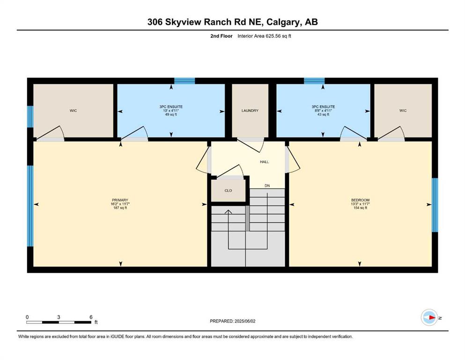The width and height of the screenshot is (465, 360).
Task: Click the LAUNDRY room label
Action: [250, 111]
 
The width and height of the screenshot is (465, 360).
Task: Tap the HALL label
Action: [264, 162]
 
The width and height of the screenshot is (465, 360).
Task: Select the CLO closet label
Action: [228, 190]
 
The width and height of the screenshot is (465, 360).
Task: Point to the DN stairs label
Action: [267, 186]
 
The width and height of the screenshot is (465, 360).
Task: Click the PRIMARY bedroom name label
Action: [120, 200]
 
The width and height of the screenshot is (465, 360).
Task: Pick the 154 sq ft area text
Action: [360, 208]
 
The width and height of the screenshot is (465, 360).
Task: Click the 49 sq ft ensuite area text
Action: [171, 114]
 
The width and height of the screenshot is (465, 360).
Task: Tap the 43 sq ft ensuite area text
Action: [323, 114]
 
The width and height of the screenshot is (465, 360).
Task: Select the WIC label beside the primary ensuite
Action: [73, 111]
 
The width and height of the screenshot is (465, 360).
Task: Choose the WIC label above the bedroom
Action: [403, 111]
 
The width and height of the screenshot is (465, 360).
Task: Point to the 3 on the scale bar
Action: [59, 317]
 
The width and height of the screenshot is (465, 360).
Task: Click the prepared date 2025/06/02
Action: [244, 321]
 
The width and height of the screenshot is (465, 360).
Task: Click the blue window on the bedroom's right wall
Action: [435, 205]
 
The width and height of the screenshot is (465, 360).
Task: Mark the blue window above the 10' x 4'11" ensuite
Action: [185, 81]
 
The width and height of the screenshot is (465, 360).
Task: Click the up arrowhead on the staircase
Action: [228, 211]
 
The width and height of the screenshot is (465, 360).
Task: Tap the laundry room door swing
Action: [251, 144]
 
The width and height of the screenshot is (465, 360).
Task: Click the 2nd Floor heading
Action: [221, 36]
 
